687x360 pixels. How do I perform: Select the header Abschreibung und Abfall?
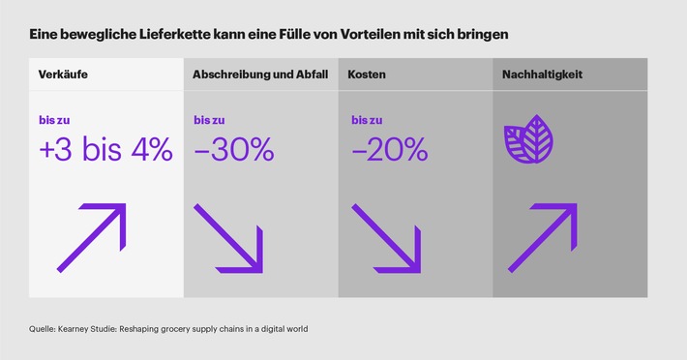tap(258, 75)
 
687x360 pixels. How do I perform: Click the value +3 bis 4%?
tap(106, 150)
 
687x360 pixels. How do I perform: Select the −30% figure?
tap(234, 150)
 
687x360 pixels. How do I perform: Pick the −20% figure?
tap(389, 150)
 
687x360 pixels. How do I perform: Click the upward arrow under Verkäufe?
tap(91, 237)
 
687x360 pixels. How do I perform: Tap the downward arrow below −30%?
tap(228, 237)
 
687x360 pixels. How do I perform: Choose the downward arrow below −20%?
tap(384, 237)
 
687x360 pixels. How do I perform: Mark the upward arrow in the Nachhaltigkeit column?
tap(542, 237)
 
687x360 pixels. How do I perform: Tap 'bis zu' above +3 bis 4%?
tap(55, 120)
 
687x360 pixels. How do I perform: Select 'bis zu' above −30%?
tap(210, 120)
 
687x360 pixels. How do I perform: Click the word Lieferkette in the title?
tap(164, 34)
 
